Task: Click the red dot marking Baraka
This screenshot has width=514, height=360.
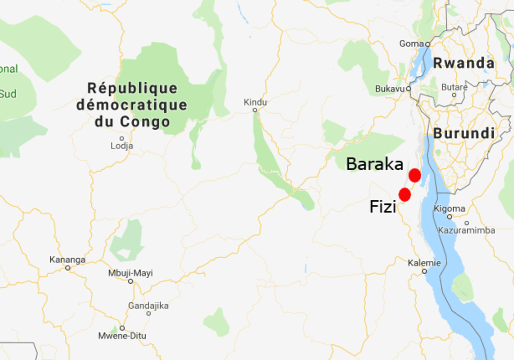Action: [x=415, y=175]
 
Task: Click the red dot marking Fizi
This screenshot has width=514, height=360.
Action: [x=405, y=194]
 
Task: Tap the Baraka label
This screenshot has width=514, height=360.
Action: [x=375, y=164]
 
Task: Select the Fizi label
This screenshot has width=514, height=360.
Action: [x=383, y=206]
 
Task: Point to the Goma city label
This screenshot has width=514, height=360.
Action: [x=412, y=44]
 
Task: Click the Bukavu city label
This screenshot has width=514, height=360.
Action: [x=390, y=89]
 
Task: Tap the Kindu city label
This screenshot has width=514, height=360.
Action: [x=255, y=102]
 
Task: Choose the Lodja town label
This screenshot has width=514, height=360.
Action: [x=122, y=146]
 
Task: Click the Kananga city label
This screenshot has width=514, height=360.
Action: [x=67, y=260]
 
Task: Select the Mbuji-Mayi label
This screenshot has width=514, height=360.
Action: [x=131, y=273]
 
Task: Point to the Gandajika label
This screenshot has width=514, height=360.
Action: [x=148, y=305]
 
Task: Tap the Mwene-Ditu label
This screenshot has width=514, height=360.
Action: [x=122, y=335]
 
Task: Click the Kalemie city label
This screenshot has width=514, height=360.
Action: [x=424, y=263]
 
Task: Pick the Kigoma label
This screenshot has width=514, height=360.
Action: [x=449, y=208]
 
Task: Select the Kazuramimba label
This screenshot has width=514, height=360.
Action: [x=466, y=230]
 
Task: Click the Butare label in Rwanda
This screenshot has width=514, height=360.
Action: [x=454, y=87]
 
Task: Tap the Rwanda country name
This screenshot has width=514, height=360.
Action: [x=464, y=63]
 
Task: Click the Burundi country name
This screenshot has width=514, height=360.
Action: [x=464, y=134]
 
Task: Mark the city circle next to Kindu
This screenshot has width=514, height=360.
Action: [x=255, y=110]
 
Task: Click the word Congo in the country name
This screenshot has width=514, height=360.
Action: [x=145, y=122]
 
